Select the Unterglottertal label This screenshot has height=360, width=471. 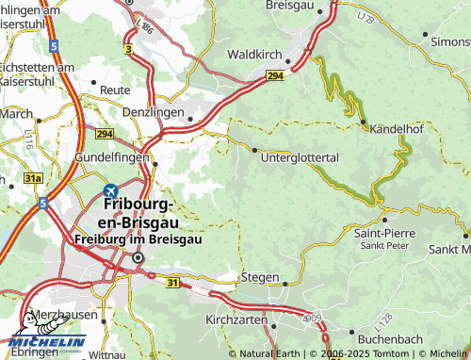[x=299, y=157]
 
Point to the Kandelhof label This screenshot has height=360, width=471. [x=398, y=128]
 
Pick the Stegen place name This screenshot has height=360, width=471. [x=261, y=278]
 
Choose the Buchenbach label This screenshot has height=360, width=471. [x=386, y=335]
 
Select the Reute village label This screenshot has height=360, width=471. [x=116, y=90]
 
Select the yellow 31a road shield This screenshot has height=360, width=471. [x=34, y=177]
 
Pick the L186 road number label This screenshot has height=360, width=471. [x=145, y=27]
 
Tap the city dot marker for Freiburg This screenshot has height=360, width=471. [x=137, y=256]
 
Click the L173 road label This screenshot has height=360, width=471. [x=365, y=16]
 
